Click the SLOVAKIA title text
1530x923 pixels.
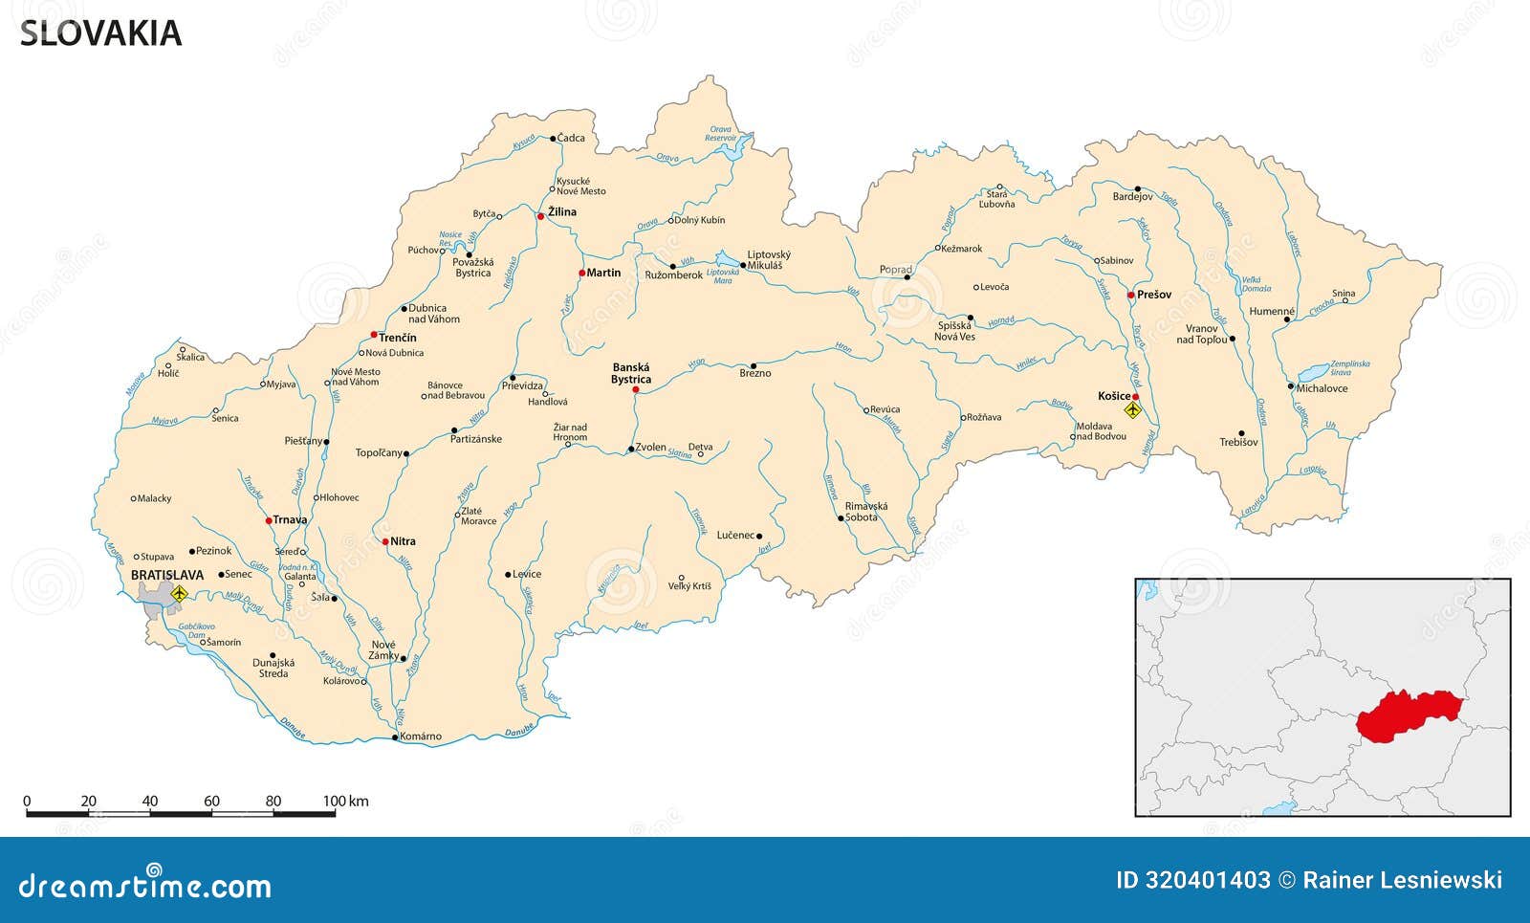tap(100, 33)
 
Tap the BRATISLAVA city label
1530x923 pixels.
tap(167, 575)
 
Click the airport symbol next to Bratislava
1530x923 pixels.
tap(178, 594)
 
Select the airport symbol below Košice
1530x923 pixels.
tap(1133, 410)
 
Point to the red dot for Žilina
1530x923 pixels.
tap(540, 216)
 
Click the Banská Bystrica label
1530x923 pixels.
tap(631, 373)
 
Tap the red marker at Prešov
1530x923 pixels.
tap(1130, 295)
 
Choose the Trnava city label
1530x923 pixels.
tap(290, 520)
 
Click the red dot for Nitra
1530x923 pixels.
tap(385, 541)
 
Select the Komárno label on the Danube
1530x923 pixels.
tap(421, 736)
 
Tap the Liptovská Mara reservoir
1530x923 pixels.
tap(729, 261)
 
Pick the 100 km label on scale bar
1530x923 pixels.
tap(345, 802)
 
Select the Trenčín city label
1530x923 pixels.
tap(398, 338)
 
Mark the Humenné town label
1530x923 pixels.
tap(1272, 312)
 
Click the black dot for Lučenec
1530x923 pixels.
tap(759, 536)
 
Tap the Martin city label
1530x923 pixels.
tap(603, 273)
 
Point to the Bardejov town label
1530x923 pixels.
tap(1133, 197)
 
